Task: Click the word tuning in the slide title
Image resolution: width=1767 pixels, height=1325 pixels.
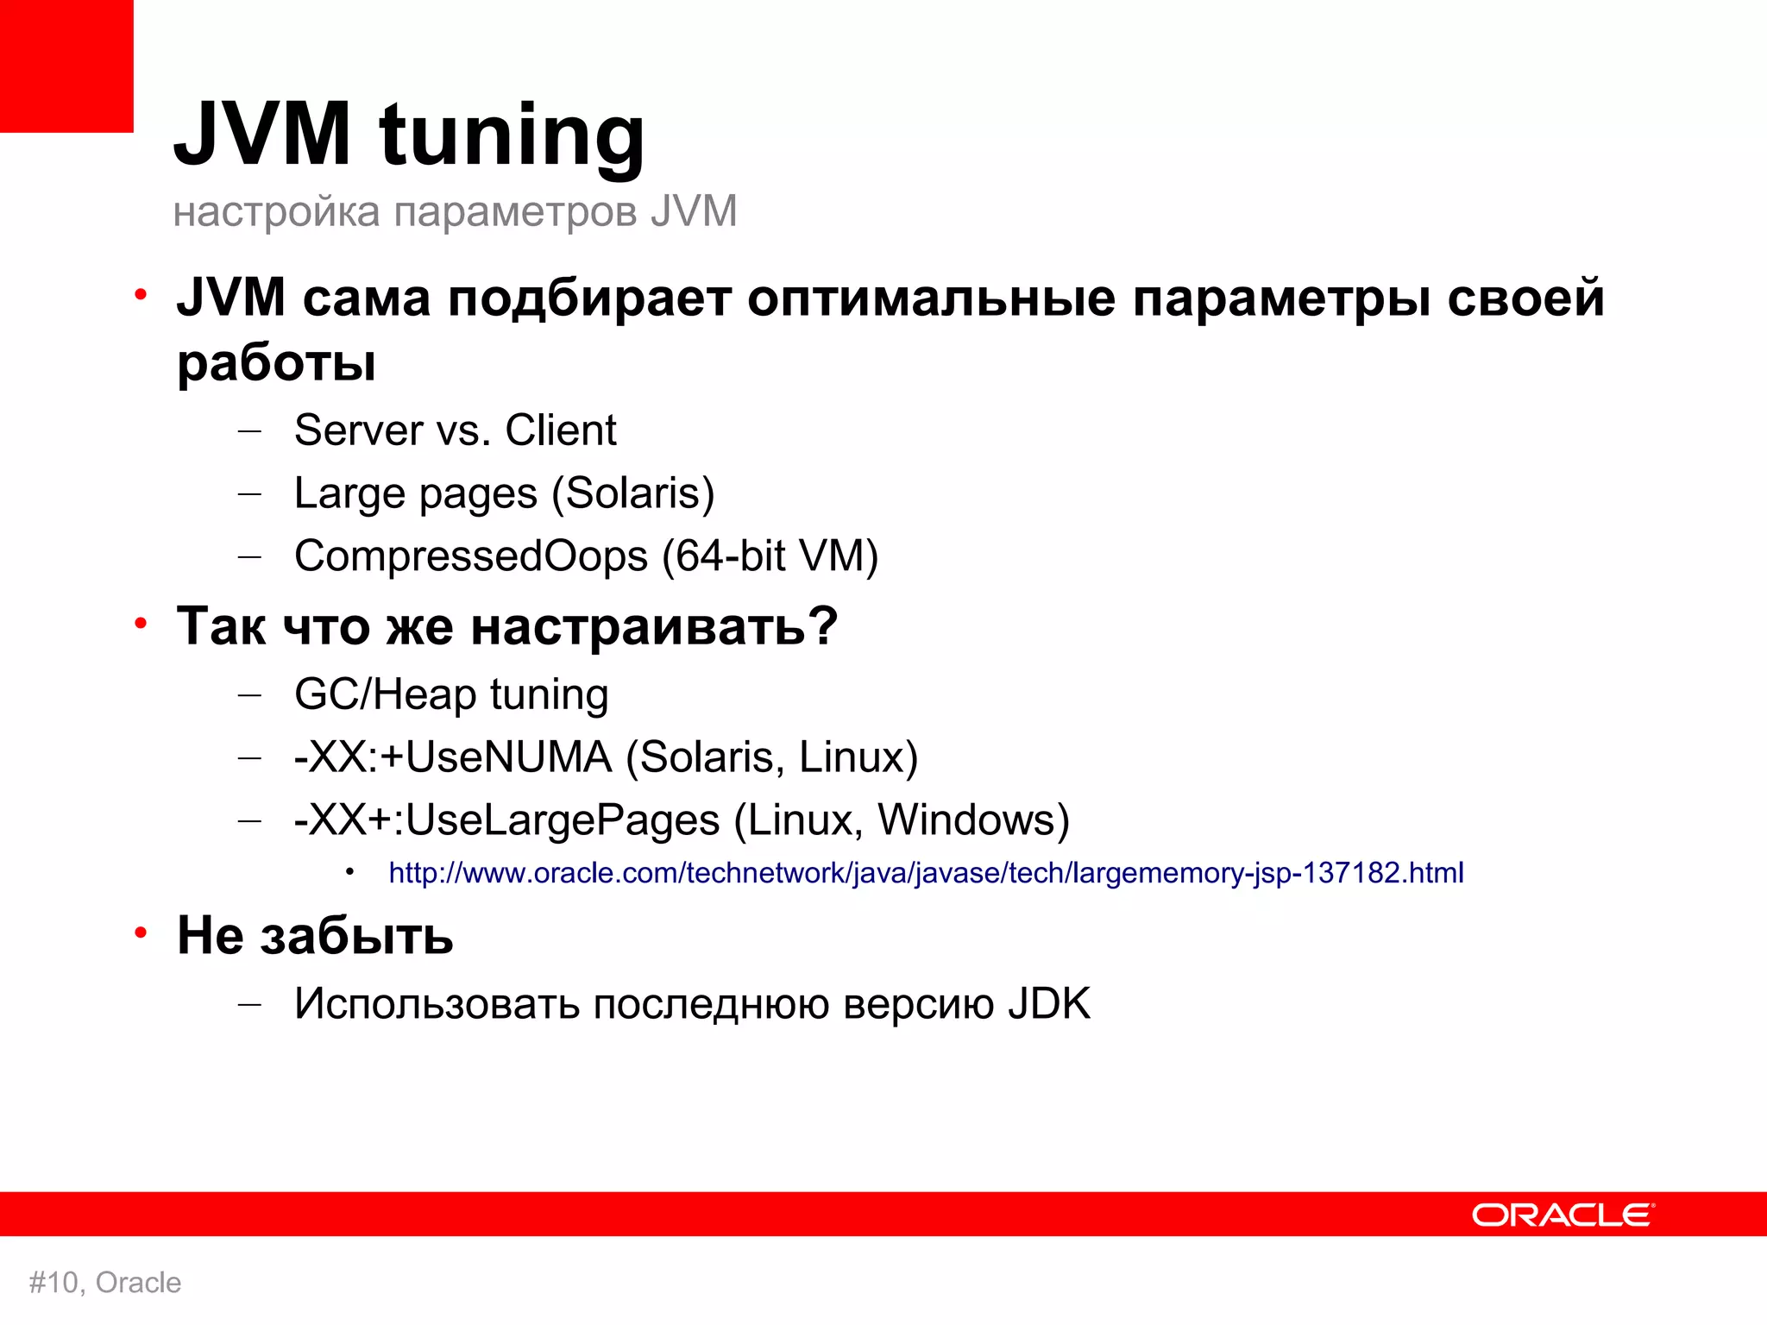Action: coord(512,136)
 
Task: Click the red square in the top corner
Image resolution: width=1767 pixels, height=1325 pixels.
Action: coord(66,66)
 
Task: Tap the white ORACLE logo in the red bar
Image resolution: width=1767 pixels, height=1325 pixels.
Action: coord(1563,1215)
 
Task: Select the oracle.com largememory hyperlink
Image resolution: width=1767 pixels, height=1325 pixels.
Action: coord(926,873)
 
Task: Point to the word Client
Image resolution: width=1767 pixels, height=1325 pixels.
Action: coord(560,430)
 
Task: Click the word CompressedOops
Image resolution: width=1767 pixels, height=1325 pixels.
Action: coord(470,556)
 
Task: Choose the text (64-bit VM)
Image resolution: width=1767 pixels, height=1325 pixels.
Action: coord(770,556)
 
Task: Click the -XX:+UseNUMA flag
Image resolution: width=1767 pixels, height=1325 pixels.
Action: coord(453,757)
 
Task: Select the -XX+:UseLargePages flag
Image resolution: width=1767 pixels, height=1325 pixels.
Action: coord(506,819)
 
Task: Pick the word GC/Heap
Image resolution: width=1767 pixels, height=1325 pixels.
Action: coord(385,694)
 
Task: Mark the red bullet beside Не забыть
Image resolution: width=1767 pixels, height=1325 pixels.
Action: coord(141,933)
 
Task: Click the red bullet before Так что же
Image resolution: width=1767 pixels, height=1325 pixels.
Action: coord(141,623)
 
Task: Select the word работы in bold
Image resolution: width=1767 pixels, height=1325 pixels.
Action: coord(276,362)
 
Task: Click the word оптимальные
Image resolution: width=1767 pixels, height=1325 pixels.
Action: coord(931,298)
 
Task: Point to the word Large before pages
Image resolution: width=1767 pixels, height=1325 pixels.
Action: coord(349,493)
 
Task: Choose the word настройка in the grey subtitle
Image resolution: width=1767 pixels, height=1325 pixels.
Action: coord(276,212)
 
